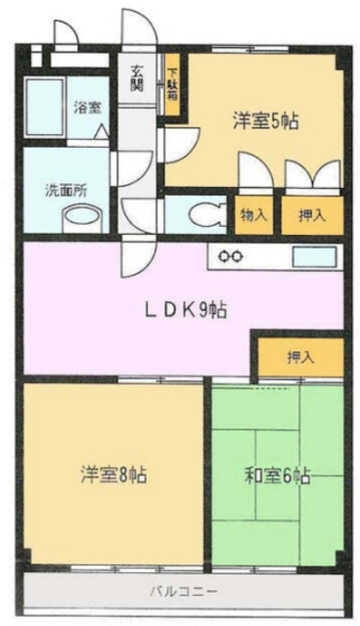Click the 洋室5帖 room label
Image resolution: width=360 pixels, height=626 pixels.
pos(265,121)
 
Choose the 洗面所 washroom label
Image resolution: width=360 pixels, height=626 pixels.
pos(66,190)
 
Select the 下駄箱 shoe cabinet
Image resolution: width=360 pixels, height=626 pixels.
pos(172,85)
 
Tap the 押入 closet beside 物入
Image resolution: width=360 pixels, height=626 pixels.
pos(312,215)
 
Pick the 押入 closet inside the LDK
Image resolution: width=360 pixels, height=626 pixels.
pos(299,357)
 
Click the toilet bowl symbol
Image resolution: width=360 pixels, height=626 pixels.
pos(204,213)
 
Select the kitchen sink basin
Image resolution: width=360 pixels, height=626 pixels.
pos(313,257)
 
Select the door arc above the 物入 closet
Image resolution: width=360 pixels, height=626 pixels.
pos(251,176)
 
